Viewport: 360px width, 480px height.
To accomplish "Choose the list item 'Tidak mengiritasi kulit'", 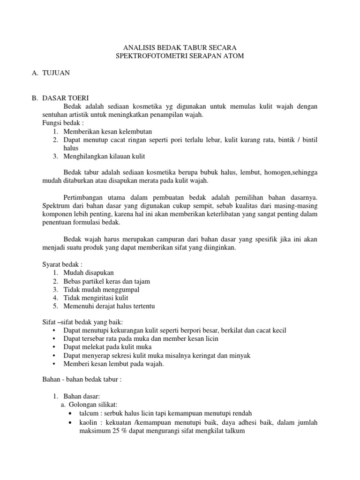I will coord(96,298).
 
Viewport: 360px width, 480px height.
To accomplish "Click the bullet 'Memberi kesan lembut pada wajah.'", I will coord(113,364).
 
